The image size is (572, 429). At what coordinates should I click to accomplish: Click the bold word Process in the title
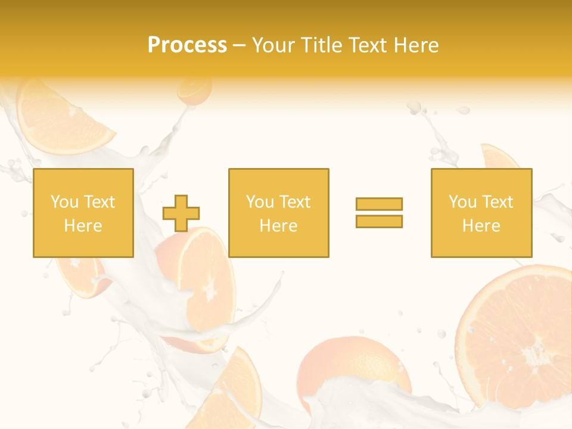coord(187,45)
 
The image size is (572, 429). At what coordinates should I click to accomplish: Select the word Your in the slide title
coord(273,45)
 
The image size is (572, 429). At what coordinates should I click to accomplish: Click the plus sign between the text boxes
coord(181,213)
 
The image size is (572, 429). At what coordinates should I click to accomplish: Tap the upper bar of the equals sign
coord(379,204)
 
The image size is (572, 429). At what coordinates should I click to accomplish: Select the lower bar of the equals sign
coord(379,221)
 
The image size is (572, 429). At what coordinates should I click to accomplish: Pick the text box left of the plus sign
coord(83,213)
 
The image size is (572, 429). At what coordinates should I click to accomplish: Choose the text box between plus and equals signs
coord(278,213)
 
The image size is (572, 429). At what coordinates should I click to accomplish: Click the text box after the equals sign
coord(481,213)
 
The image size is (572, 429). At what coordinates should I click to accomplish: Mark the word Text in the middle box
coord(294,202)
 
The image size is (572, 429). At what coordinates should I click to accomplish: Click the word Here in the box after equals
coord(481,225)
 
